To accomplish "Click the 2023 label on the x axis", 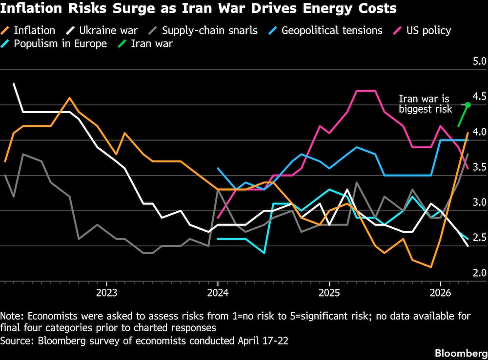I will coord(106,293).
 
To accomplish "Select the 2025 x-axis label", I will coord(329,293).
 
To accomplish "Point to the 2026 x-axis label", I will coord(440,293).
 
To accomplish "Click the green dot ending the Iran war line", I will coord(467,105).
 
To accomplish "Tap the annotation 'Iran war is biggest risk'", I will coord(425,104).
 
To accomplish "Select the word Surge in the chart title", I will coord(115,9).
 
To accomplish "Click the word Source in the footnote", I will coord(14,340).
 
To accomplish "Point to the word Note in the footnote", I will coord(11,316).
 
